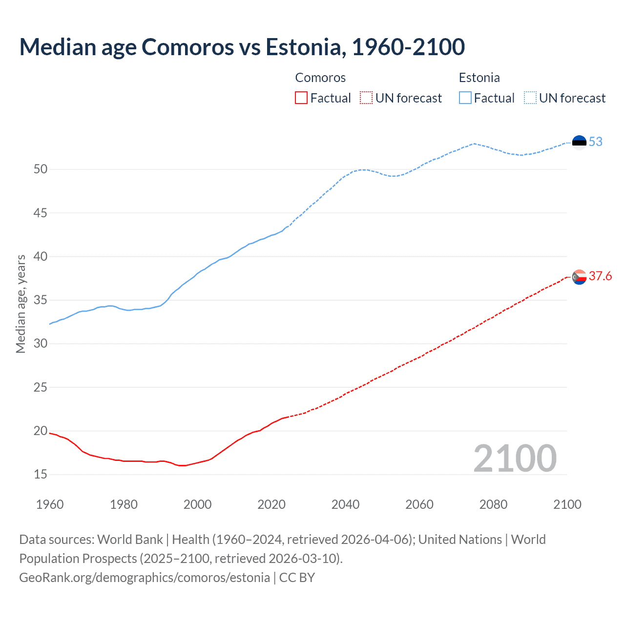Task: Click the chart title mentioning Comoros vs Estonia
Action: (242, 47)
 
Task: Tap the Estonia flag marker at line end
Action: (579, 142)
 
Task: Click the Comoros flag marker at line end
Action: (579, 277)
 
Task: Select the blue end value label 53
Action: (595, 142)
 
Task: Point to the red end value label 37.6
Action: (600, 276)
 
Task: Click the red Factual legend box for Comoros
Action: (301, 98)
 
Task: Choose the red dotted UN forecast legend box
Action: (366, 98)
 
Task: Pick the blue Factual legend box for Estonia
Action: (465, 98)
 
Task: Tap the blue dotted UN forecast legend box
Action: (530, 98)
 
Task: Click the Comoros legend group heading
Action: (320, 78)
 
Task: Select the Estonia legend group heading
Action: (479, 78)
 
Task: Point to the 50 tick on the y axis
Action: (41, 169)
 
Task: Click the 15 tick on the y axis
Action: (41, 475)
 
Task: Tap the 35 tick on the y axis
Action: (41, 300)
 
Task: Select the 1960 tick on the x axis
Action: (50, 504)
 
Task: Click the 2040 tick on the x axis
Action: (345, 504)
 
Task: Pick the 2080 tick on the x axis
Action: (493, 504)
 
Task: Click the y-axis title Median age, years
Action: (21, 304)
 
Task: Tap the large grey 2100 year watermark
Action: (515, 458)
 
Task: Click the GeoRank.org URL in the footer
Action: (145, 578)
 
